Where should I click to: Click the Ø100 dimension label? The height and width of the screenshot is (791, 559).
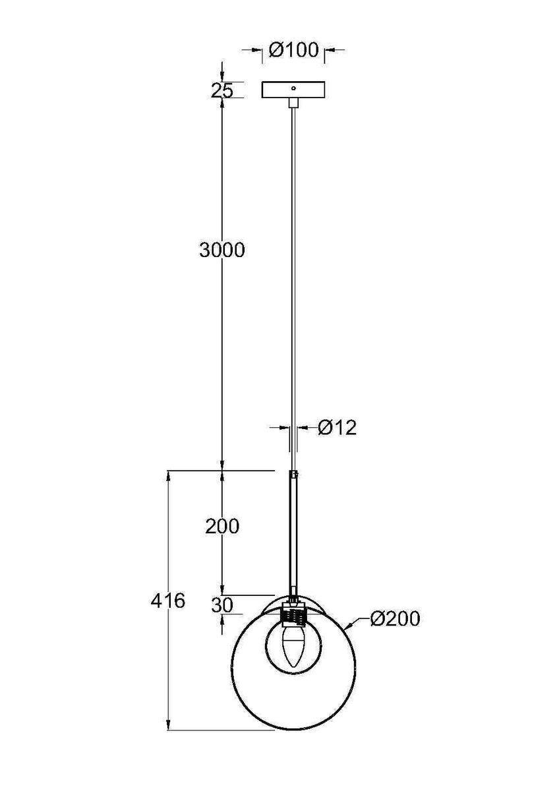294,50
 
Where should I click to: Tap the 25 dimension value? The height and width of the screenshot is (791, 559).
222,91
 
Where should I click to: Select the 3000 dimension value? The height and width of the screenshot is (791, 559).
221,250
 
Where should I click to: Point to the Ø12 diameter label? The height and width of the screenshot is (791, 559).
337,428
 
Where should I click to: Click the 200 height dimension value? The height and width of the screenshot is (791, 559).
221,526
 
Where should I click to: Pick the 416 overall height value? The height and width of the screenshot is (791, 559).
168,601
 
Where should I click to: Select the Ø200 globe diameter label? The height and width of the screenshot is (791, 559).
395,619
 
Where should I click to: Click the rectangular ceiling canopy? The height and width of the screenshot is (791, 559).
293,90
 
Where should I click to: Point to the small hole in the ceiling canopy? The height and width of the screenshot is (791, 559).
294,86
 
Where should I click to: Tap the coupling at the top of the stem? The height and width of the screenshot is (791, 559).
294,474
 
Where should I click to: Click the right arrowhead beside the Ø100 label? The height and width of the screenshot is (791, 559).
328,49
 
